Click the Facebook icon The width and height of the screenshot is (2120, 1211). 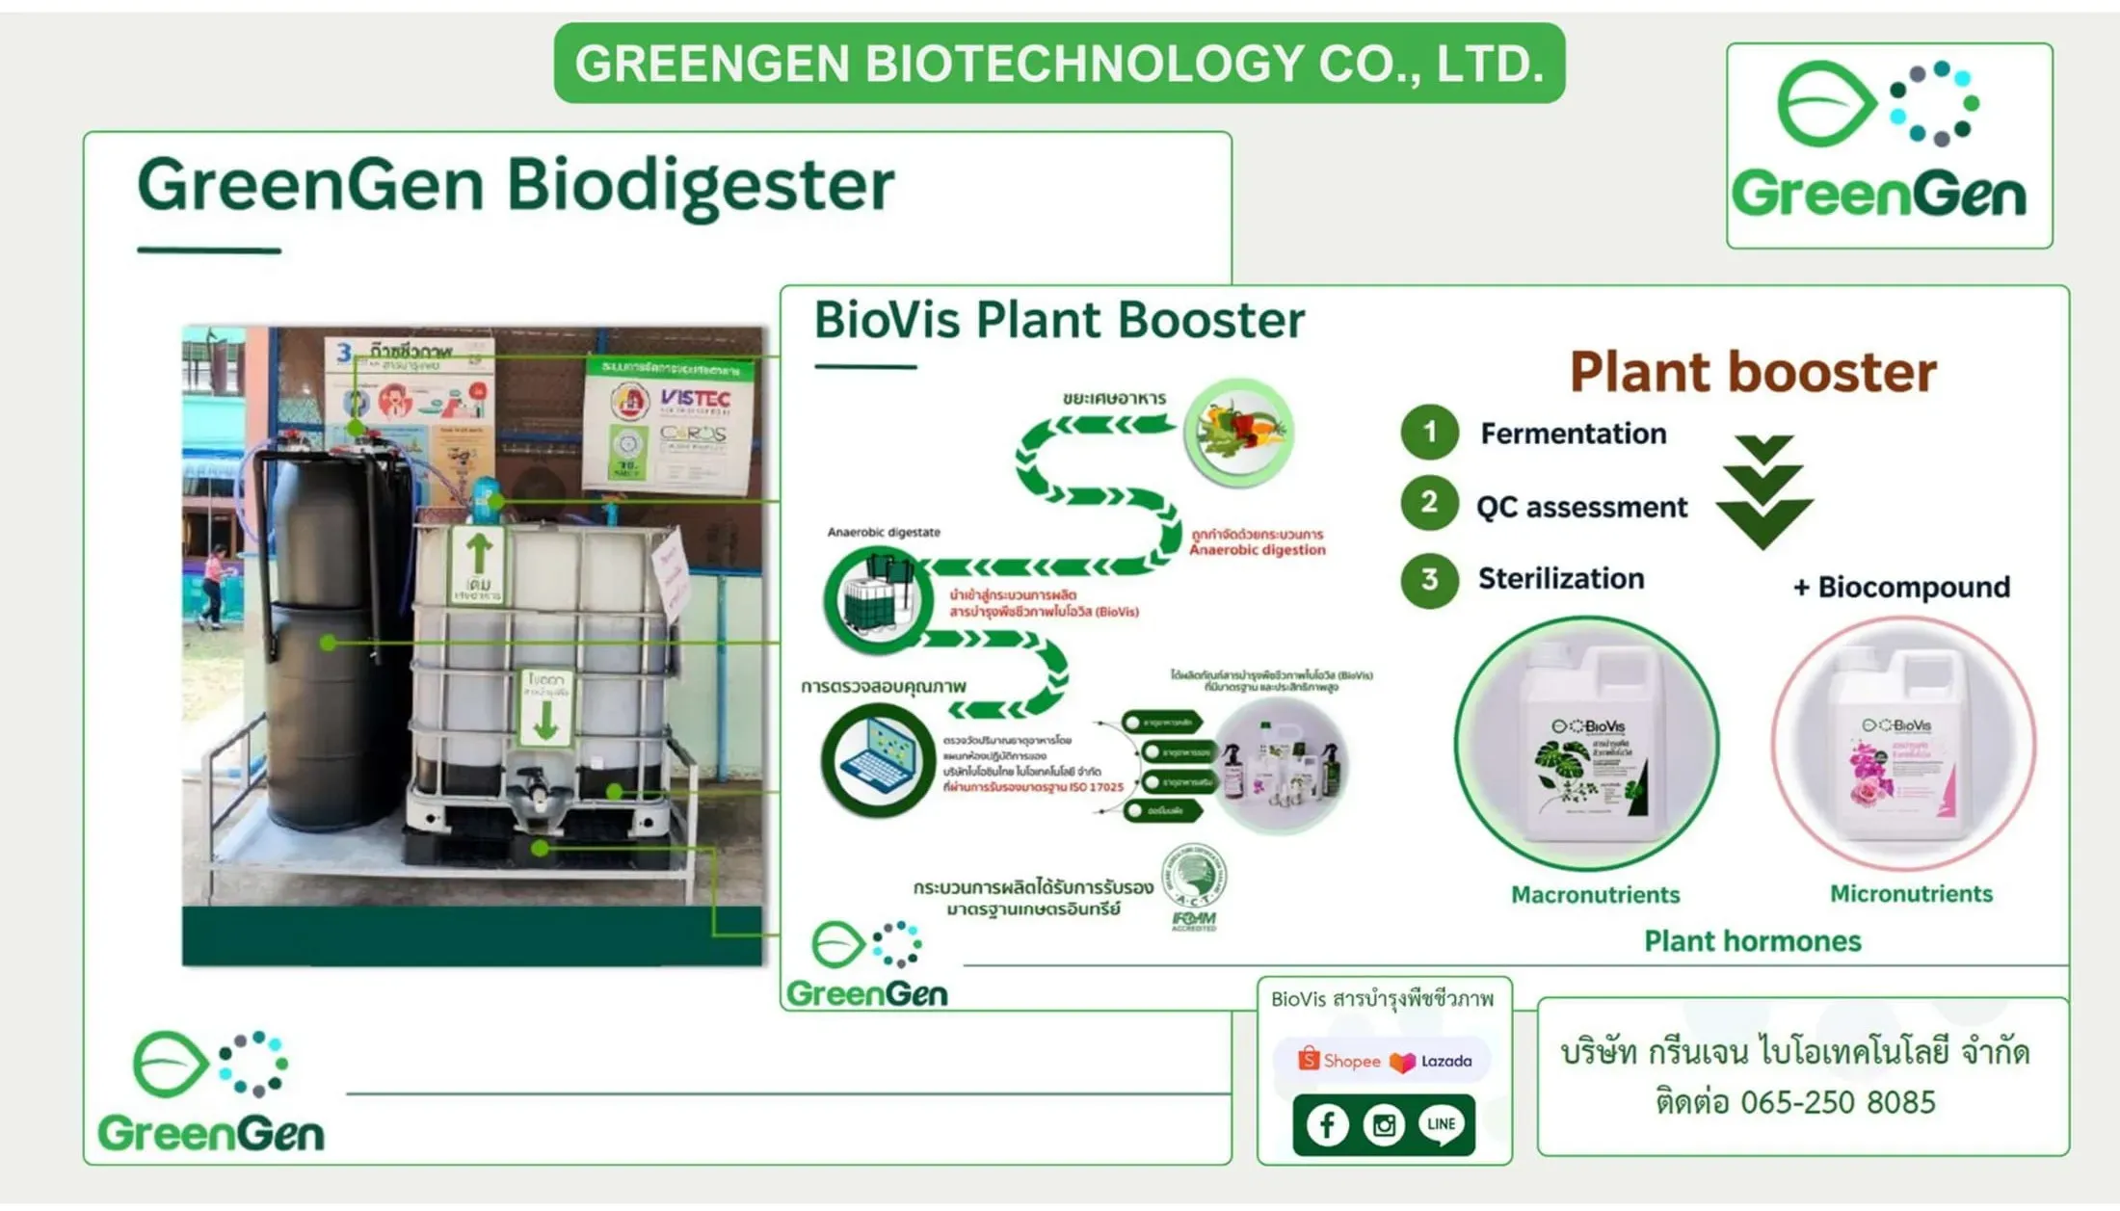1327,1125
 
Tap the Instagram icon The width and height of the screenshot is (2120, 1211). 1384,1125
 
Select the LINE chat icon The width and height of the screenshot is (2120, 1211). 1441,1125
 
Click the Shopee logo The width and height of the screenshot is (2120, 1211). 1339,1061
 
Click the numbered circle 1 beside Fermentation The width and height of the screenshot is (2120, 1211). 1429,432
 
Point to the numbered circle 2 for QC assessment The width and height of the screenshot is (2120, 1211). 1429,503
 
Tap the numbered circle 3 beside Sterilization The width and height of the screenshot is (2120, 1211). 1429,579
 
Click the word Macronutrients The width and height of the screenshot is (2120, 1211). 1595,895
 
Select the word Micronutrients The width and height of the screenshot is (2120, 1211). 1911,894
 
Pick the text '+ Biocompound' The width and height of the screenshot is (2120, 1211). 1901,587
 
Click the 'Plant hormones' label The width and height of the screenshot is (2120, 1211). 1752,941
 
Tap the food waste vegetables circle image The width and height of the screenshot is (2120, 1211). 1238,432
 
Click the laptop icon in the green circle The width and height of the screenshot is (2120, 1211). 877,761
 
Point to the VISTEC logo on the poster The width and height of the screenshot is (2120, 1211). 695,398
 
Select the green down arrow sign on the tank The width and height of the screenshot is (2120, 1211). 545,708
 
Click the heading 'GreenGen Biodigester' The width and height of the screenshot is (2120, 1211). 516,185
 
